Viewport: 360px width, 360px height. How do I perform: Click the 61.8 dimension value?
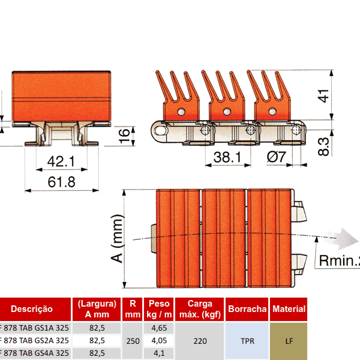[61, 181]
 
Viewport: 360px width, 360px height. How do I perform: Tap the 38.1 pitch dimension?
[227, 157]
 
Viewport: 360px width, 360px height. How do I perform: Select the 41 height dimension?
[323, 96]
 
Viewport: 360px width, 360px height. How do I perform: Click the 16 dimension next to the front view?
[124, 136]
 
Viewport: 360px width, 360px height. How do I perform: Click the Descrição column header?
[32, 309]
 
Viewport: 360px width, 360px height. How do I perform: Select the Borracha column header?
[247, 309]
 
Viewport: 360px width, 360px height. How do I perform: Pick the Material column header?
[289, 309]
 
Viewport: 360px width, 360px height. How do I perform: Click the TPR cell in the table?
[247, 341]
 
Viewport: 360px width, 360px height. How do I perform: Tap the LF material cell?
[289, 341]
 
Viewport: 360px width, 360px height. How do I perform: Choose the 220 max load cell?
[200, 341]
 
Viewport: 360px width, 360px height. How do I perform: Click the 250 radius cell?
[132, 341]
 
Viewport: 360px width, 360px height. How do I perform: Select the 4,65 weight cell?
[159, 328]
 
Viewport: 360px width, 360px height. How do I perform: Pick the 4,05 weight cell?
[159, 341]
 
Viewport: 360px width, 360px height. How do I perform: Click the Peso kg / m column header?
[159, 309]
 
